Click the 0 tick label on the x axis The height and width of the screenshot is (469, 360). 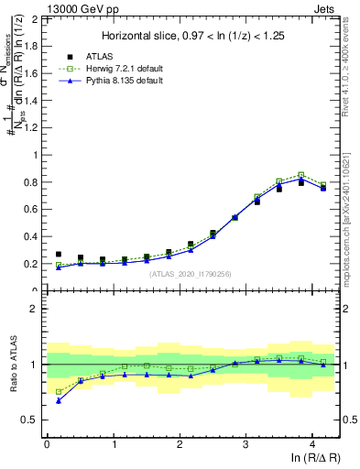[x=47, y=443]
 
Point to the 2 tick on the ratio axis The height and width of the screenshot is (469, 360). [x=35, y=309]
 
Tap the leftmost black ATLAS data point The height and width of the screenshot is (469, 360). [x=59, y=255]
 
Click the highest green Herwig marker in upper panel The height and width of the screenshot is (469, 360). [x=300, y=175]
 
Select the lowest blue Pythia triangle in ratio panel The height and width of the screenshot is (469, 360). [x=59, y=400]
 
